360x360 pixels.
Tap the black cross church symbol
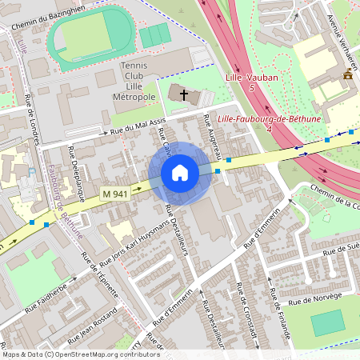pyautogui.click(x=184, y=95)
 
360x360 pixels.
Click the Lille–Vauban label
pyautogui.click(x=252, y=78)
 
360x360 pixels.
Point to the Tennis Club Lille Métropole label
pyautogui.click(x=138, y=81)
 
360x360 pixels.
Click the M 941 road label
pyautogui.click(x=115, y=193)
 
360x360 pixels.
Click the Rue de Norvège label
pyautogui.click(x=315, y=298)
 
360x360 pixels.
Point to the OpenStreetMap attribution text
pyautogui.click(x=70, y=354)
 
